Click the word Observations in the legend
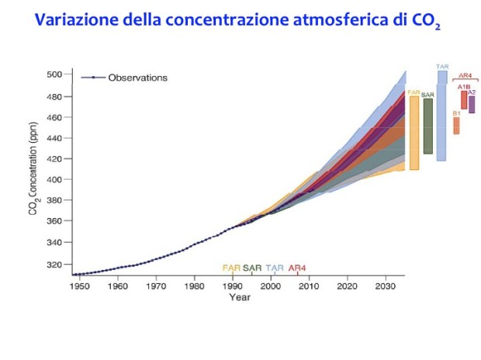point(137,78)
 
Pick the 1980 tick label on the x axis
point(194,286)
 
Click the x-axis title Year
point(240,296)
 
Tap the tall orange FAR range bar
point(414,133)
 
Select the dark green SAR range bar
point(427,126)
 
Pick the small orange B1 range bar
point(456,126)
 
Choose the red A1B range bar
point(463,100)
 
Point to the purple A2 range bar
point(471,104)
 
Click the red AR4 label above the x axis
point(297,268)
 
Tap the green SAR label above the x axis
point(252,268)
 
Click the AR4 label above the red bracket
point(465,75)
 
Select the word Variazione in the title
point(74,21)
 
